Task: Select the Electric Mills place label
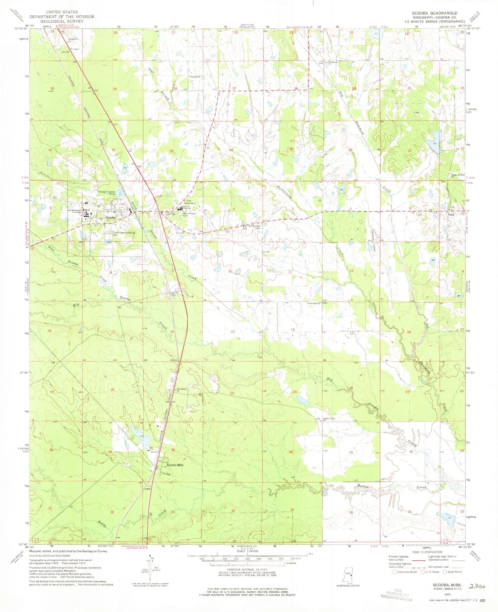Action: (x=175, y=465)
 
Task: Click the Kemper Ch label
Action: (x=194, y=76)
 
